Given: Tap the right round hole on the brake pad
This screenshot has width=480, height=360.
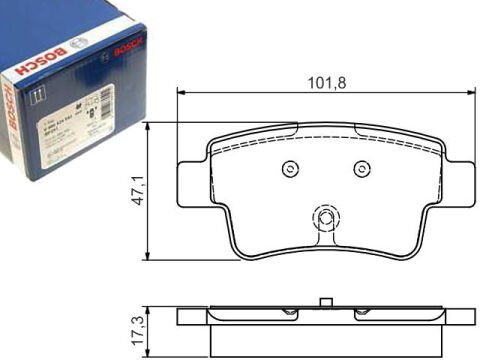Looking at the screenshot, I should coord(362,167).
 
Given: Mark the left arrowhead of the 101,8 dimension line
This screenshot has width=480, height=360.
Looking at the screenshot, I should coord(182,93).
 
